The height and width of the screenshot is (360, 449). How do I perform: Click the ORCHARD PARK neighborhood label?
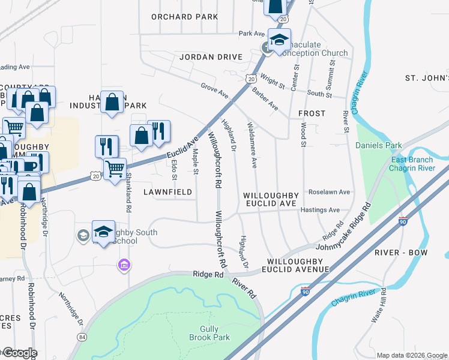[x=184, y=17]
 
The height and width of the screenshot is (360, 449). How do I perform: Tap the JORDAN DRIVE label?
[x=211, y=57]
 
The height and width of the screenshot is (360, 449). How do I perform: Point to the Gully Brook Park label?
[x=215, y=334]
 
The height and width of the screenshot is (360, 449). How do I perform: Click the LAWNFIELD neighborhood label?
[x=168, y=192]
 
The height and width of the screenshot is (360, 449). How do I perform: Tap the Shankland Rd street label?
[x=128, y=193]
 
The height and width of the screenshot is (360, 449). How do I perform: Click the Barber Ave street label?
[x=265, y=98]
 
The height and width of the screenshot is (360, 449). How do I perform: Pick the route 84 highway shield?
[x=82, y=337]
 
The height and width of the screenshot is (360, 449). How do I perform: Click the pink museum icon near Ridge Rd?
[x=124, y=264]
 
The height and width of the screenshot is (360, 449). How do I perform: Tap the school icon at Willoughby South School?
[x=103, y=232]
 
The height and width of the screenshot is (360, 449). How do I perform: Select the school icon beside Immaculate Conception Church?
[x=279, y=40]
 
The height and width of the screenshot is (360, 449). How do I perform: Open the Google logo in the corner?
[x=19, y=353]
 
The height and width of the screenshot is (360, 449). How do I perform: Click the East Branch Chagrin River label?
[x=412, y=164]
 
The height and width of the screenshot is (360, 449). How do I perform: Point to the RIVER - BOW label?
[x=402, y=253]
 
